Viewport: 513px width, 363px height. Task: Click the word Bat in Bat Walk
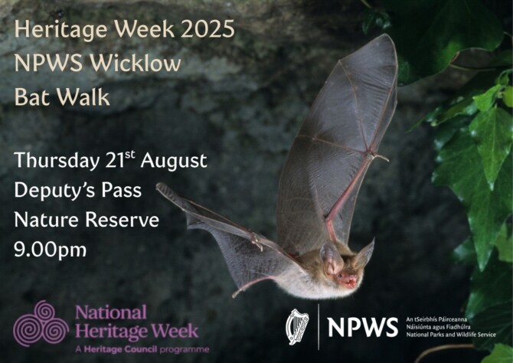pyautogui.click(x=30, y=98)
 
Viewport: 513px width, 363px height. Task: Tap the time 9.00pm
pyautogui.click(x=50, y=250)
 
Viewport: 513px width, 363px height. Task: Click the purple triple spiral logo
pyautogui.click(x=40, y=323)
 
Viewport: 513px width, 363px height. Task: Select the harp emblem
pyautogui.click(x=297, y=326)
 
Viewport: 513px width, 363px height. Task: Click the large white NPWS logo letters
pyautogui.click(x=363, y=327)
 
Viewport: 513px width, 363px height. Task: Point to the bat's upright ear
pyautogui.click(x=365, y=253)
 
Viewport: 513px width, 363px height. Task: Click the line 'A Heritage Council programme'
pyautogui.click(x=136, y=348)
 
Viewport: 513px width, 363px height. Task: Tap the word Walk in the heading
pyautogui.click(x=83, y=98)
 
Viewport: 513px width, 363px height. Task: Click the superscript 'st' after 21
pyautogui.click(x=129, y=155)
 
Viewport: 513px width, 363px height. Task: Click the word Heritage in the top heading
pyautogui.click(x=64, y=31)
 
